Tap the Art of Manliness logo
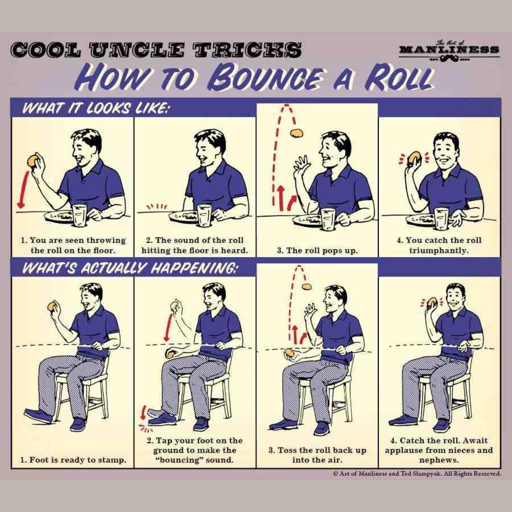(x=449, y=52)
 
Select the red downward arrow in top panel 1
(x=23, y=189)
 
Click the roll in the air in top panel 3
(x=296, y=133)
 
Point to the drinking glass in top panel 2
(x=204, y=215)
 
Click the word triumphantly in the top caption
(x=439, y=251)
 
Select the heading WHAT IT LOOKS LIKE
(x=95, y=108)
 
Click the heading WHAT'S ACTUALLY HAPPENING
(x=129, y=268)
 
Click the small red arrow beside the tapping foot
(x=143, y=412)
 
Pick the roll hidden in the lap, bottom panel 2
(x=170, y=354)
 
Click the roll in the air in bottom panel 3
(x=306, y=287)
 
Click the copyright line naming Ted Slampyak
(x=417, y=474)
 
